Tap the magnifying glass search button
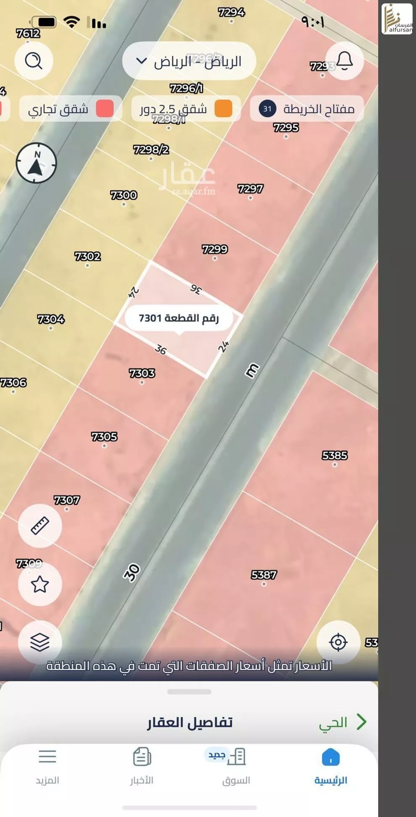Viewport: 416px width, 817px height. tap(34, 61)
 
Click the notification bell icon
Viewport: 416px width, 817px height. tap(344, 61)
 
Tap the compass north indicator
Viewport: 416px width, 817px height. tap(36, 163)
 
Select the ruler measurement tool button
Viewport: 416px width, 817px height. tap(40, 525)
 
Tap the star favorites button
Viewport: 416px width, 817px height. tap(40, 584)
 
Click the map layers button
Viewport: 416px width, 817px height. tap(40, 642)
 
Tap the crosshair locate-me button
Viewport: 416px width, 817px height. tap(338, 642)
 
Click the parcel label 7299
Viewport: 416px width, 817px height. tap(215, 249)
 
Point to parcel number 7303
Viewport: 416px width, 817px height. tap(142, 373)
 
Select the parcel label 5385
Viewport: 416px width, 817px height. tap(334, 455)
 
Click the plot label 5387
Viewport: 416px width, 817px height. tap(263, 575)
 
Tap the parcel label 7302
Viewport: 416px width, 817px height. tap(87, 256)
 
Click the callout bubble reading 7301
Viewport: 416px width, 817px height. tap(179, 318)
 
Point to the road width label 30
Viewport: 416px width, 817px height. tap(132, 572)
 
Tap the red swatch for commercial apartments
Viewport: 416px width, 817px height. tap(105, 109)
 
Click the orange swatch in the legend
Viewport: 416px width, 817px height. tap(224, 109)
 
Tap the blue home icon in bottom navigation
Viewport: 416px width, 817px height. tap(331, 757)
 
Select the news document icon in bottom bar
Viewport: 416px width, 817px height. tap(142, 757)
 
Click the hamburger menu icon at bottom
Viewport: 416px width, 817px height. tap(47, 757)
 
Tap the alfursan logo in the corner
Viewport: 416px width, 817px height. tap(397, 19)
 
